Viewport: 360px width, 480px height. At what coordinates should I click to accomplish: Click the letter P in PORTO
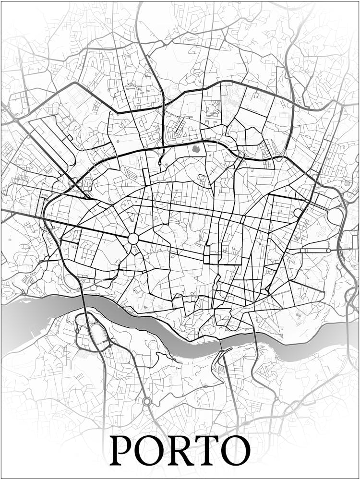click(x=122, y=451)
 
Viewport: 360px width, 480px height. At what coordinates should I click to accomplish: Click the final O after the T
click(x=237, y=451)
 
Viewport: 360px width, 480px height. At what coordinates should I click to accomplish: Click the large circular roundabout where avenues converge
click(x=133, y=239)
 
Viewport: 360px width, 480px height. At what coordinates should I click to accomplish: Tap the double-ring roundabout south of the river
click(x=147, y=401)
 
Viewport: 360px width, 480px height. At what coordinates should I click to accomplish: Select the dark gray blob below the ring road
click(x=196, y=149)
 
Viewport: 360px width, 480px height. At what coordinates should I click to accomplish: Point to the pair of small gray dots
click(x=299, y=315)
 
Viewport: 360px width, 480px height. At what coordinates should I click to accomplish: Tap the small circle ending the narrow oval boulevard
click(x=328, y=250)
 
